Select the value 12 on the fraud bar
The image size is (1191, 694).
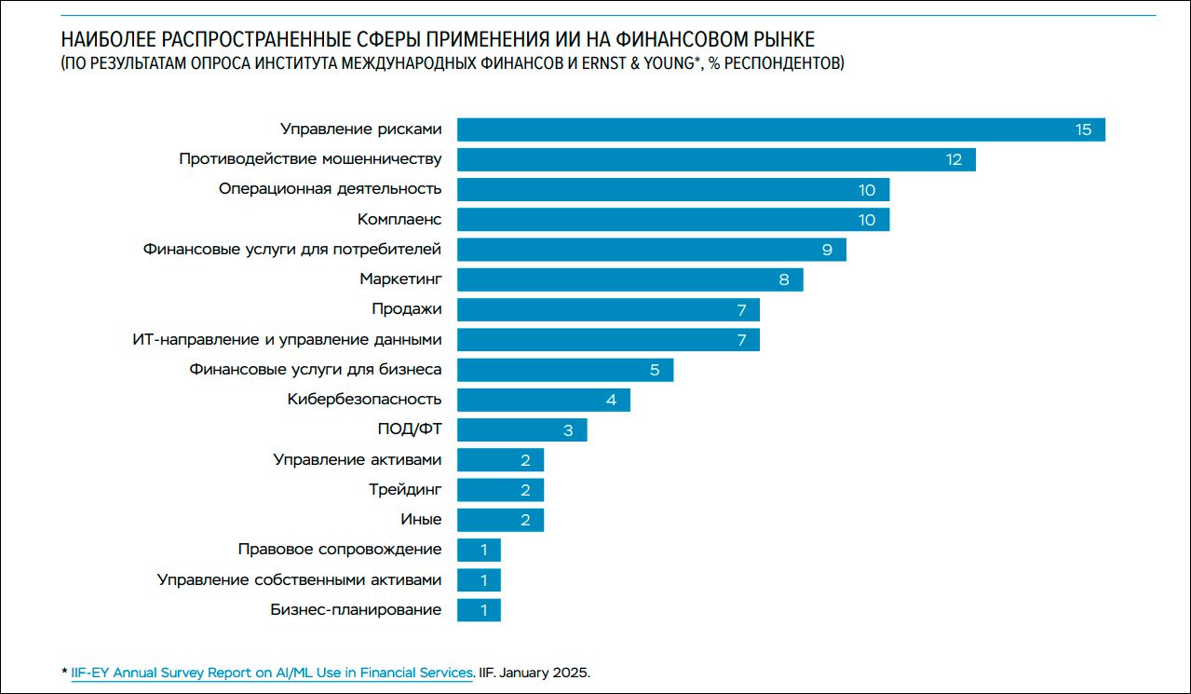pyautogui.click(x=954, y=159)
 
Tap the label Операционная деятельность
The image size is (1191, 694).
pyautogui.click(x=330, y=189)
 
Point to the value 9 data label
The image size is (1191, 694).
pyautogui.click(x=826, y=250)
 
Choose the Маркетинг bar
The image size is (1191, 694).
pyautogui.click(x=629, y=279)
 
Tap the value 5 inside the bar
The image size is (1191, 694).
pyautogui.click(x=655, y=370)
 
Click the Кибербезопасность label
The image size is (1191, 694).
pyautogui.click(x=364, y=400)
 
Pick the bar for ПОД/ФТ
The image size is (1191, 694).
pyautogui.click(x=521, y=429)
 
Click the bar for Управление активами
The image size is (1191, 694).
pyautogui.click(x=500, y=460)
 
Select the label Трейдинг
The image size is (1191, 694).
pyautogui.click(x=405, y=489)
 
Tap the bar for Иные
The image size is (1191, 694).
pyautogui.click(x=500, y=520)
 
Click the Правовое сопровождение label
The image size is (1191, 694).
pyautogui.click(x=340, y=550)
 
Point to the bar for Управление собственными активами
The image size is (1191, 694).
pyautogui.click(x=479, y=580)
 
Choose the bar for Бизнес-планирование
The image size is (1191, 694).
pyautogui.click(x=479, y=610)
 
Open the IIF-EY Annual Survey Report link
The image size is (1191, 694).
pyautogui.click(x=272, y=673)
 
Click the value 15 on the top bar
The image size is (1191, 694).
pyautogui.click(x=1083, y=129)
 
